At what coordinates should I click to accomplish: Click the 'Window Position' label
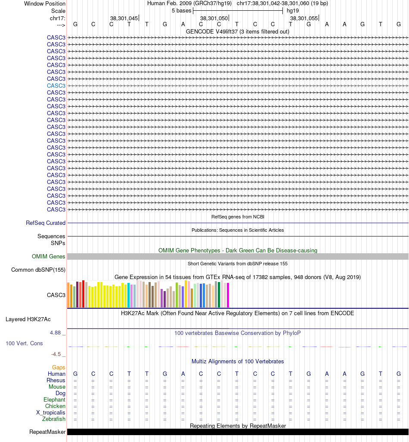(45, 3)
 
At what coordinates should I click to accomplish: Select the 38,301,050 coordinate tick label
(214, 18)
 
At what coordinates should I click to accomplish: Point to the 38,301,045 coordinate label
(124, 18)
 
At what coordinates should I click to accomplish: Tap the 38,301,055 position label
(304, 18)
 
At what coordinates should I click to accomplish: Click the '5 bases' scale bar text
(181, 10)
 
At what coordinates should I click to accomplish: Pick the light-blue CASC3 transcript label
(56, 86)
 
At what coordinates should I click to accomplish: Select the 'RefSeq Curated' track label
(46, 223)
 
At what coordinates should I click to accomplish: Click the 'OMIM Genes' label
(49, 257)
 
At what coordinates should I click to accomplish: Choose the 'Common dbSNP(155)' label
(38, 270)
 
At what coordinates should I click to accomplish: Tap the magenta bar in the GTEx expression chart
(228, 295)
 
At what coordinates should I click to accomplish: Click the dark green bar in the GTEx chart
(219, 295)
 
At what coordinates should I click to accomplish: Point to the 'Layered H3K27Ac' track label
(28, 319)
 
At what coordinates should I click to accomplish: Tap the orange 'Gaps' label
(59, 368)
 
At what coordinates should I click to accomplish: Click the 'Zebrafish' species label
(54, 419)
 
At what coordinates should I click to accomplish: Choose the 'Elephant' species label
(54, 400)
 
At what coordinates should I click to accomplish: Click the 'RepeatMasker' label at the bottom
(47, 432)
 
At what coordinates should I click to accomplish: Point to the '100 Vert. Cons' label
(24, 344)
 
